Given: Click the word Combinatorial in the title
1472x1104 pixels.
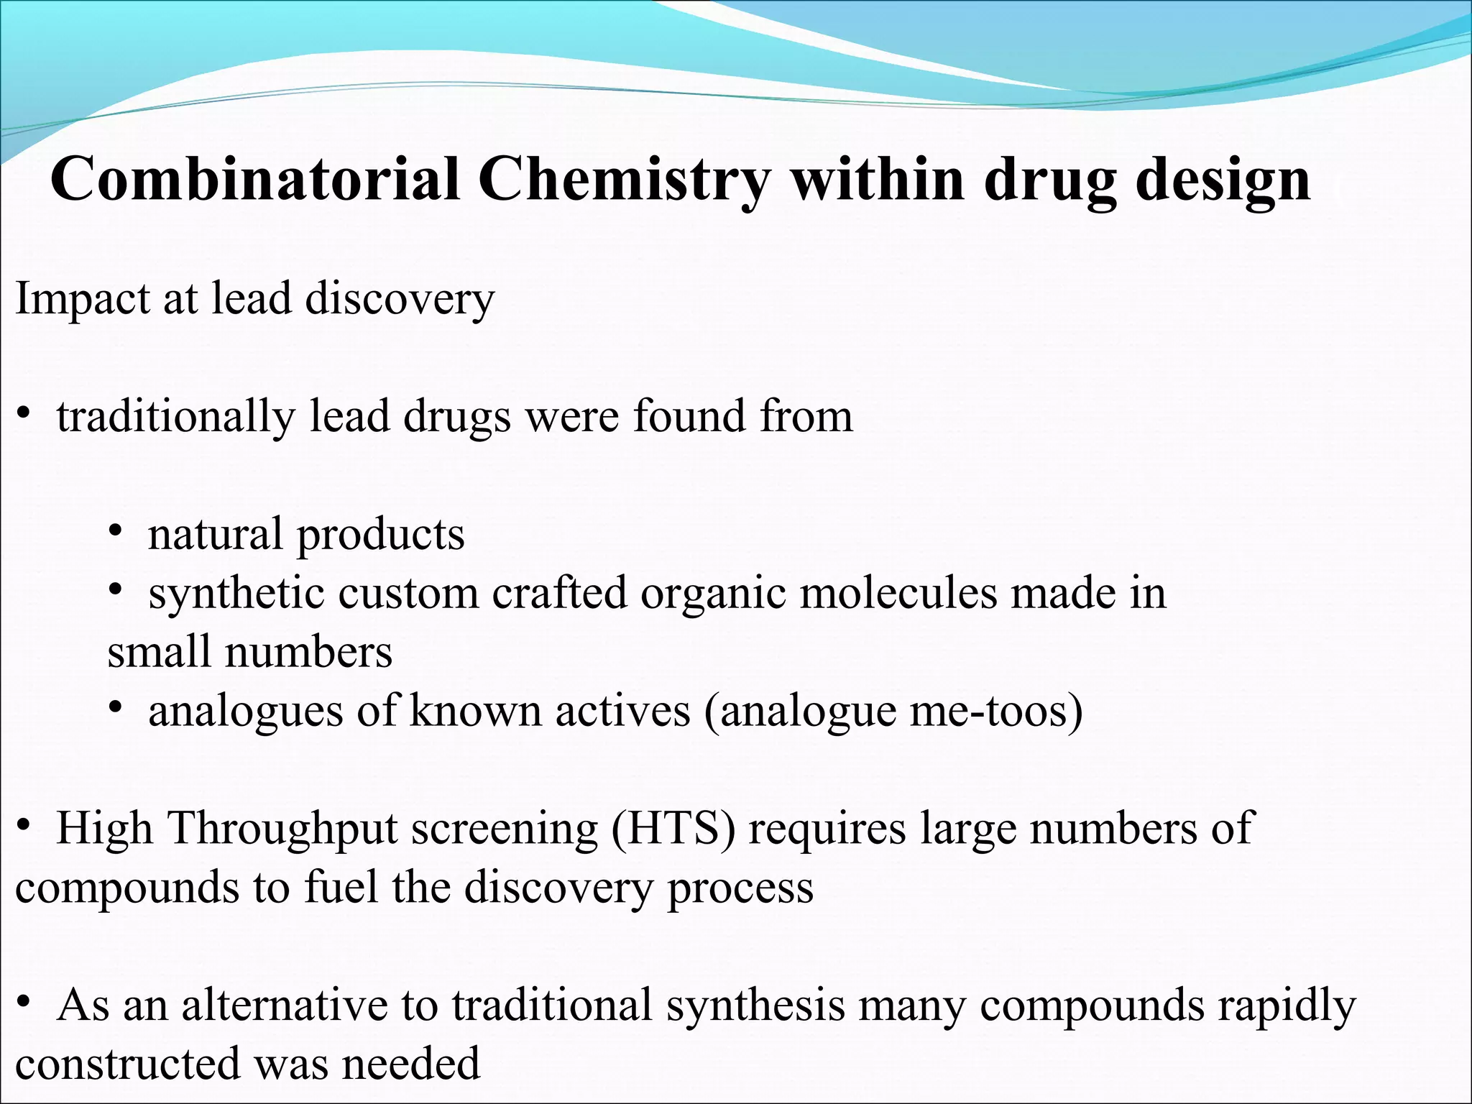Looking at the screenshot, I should click(x=255, y=180).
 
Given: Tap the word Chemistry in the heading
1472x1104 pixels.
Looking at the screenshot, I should click(x=624, y=180).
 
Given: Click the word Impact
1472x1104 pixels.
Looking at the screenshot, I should click(x=81, y=298).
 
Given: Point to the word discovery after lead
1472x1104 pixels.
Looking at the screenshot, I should click(x=400, y=298).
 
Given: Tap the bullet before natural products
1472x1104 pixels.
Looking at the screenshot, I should click(x=115, y=533).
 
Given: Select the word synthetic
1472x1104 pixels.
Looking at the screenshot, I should click(x=235, y=594).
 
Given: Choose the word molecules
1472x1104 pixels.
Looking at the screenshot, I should click(x=898, y=594).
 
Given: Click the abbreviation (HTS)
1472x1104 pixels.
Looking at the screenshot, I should click(x=673, y=829).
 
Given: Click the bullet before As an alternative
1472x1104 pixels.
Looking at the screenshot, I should click(x=24, y=1003).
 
